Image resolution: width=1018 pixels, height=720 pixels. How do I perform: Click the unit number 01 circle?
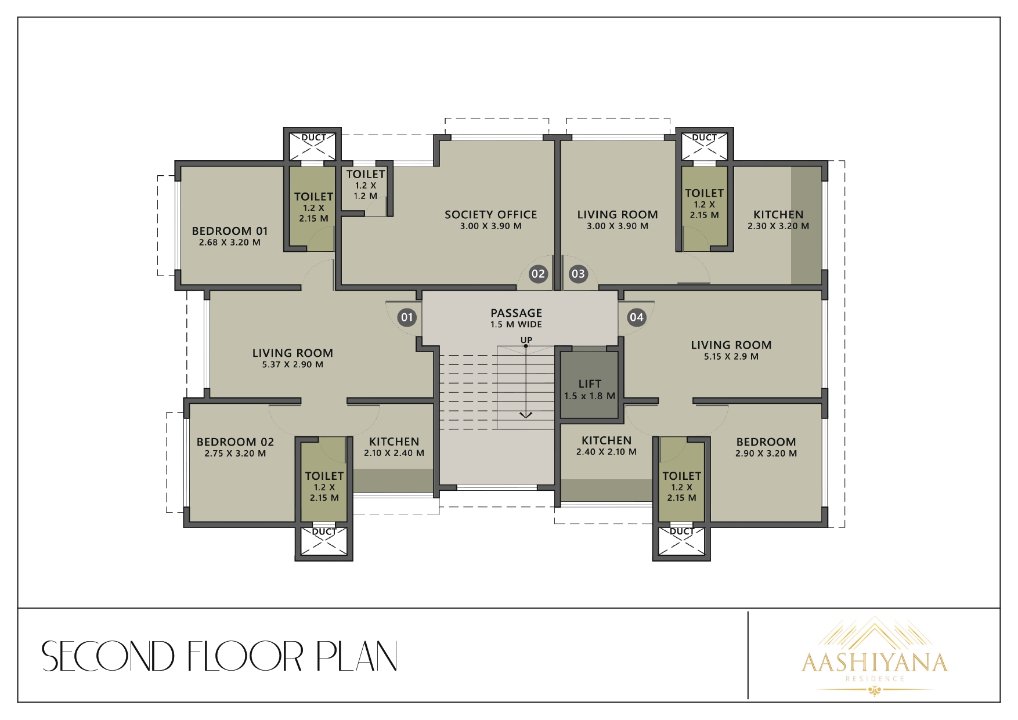click(407, 317)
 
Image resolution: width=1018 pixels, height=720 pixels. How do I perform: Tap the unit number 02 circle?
click(538, 274)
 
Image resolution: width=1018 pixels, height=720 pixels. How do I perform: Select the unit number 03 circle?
click(578, 274)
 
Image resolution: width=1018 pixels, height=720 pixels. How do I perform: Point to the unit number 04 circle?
click(637, 317)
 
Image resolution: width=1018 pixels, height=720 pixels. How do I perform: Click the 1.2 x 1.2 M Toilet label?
click(366, 184)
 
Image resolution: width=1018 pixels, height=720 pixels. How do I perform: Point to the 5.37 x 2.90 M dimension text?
click(293, 365)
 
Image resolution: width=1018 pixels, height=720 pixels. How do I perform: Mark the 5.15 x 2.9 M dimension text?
click(731, 357)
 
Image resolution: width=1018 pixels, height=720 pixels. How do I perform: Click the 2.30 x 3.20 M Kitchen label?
click(778, 220)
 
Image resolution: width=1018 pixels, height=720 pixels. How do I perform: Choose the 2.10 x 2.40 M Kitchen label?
click(394, 447)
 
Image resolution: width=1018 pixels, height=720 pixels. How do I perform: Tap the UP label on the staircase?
click(526, 340)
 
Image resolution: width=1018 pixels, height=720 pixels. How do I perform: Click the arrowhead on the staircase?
click(526, 414)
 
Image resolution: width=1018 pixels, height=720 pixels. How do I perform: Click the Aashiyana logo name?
click(874, 662)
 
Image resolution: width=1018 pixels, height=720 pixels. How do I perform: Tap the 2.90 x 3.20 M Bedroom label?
click(766, 447)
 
